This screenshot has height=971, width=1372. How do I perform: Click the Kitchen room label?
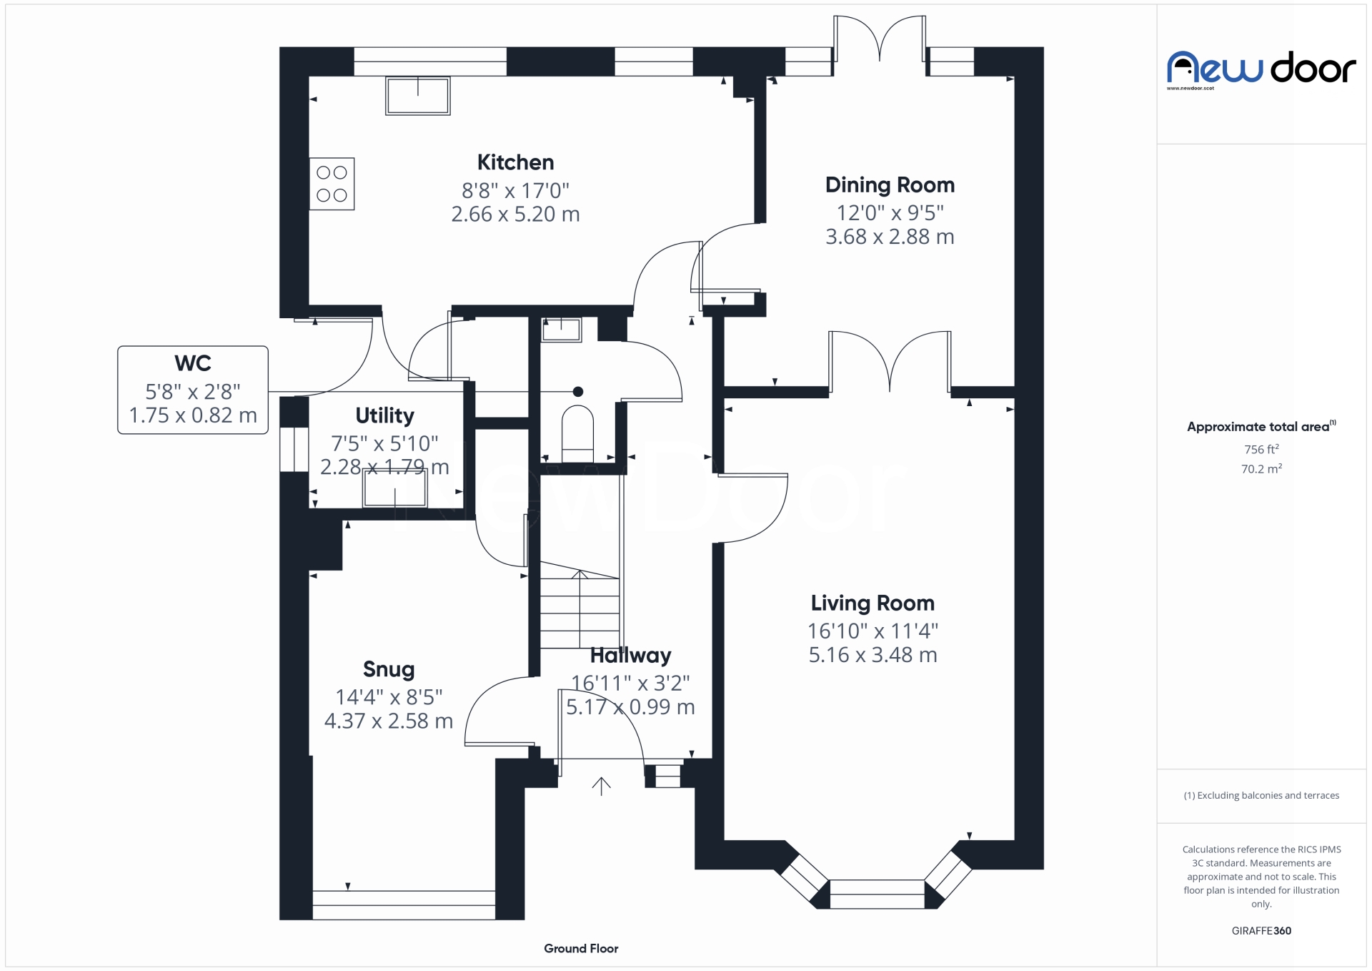(x=515, y=162)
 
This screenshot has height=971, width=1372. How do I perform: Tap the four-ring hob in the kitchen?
(x=332, y=184)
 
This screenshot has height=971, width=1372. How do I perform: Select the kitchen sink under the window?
(x=418, y=96)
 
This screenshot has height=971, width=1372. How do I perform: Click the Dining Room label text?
(x=890, y=185)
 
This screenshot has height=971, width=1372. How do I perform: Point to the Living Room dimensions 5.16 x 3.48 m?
(x=873, y=655)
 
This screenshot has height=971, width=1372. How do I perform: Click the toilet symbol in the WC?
(x=577, y=433)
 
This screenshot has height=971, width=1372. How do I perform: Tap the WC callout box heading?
(x=192, y=363)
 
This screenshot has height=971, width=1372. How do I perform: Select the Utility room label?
(x=384, y=415)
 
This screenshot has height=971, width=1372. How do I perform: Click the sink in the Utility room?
(x=395, y=488)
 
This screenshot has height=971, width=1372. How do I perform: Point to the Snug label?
(x=389, y=669)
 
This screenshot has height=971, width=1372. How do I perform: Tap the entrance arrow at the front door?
(x=601, y=786)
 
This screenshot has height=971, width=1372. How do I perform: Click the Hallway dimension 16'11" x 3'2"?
(x=630, y=683)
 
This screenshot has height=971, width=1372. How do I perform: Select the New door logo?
(x=1261, y=69)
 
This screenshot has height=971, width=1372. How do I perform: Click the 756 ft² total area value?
(x=1261, y=450)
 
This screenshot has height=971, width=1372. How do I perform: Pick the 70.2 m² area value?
(x=1261, y=469)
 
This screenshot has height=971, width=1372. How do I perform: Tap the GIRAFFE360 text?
(x=1261, y=930)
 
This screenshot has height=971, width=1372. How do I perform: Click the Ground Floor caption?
(x=581, y=948)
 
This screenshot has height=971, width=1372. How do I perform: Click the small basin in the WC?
(x=561, y=330)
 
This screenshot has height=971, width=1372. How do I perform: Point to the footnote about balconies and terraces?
(x=1261, y=795)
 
